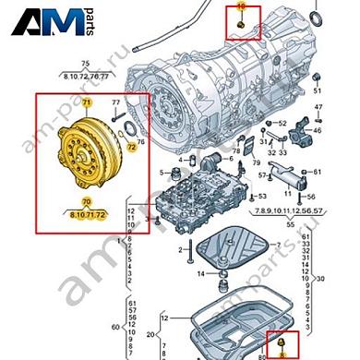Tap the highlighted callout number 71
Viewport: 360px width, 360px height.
tap(87, 100)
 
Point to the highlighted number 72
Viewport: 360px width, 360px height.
tap(131, 146)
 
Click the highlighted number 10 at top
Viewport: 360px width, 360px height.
tap(243, 7)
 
